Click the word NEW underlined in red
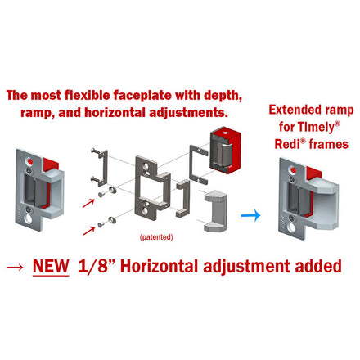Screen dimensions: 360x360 (51, 266)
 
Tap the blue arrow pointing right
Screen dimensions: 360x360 (250, 215)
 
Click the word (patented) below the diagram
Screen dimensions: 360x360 (156, 237)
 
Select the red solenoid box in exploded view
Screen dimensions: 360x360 (225, 150)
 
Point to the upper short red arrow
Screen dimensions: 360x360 (88, 203)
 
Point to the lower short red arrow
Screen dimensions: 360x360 (89, 231)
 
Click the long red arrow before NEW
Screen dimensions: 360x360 (15, 267)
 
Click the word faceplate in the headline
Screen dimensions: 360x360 (142, 95)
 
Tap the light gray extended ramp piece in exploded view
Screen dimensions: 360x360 (216, 211)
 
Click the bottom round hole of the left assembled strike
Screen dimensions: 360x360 (28, 218)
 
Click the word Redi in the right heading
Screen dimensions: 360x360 (287, 144)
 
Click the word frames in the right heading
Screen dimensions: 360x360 (329, 144)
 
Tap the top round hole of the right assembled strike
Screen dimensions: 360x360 (292, 170)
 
